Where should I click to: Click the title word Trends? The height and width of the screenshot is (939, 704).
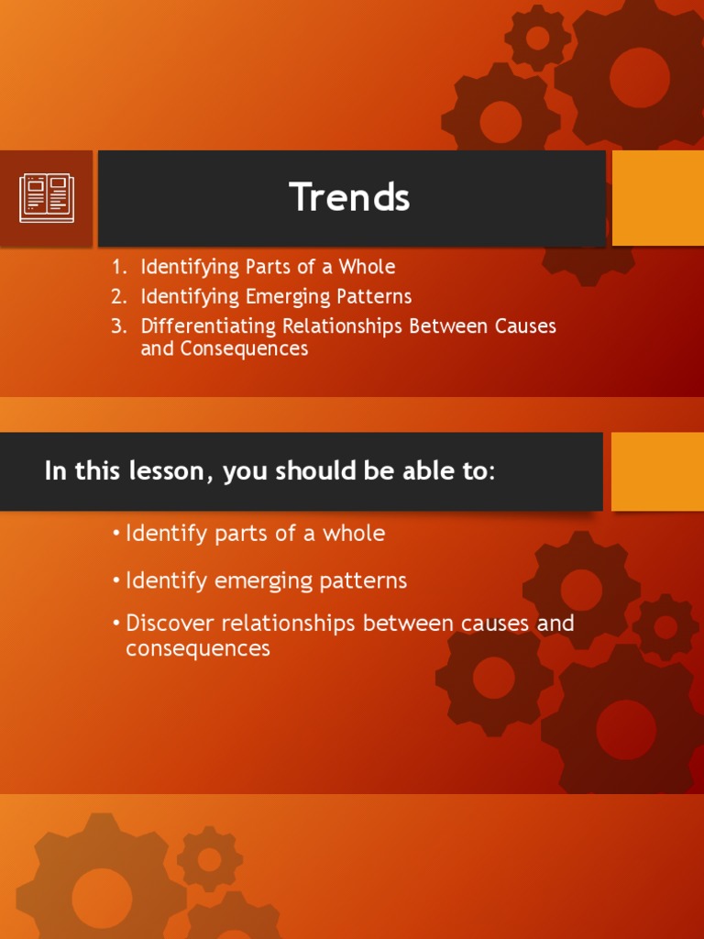[349, 197]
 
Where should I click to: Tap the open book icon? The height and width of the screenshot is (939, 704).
[47, 198]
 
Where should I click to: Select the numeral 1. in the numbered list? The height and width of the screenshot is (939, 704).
[119, 267]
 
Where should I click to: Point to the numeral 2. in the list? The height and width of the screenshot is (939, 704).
[119, 297]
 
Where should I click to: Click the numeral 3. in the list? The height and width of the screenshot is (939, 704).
[119, 327]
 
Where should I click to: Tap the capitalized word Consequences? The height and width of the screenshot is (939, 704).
[244, 349]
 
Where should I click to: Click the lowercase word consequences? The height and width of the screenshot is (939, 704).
[198, 649]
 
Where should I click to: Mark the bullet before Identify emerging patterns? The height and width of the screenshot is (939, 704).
[116, 581]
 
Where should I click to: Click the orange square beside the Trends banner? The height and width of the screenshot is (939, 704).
[658, 198]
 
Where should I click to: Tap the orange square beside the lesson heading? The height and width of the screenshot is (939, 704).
[658, 471]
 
